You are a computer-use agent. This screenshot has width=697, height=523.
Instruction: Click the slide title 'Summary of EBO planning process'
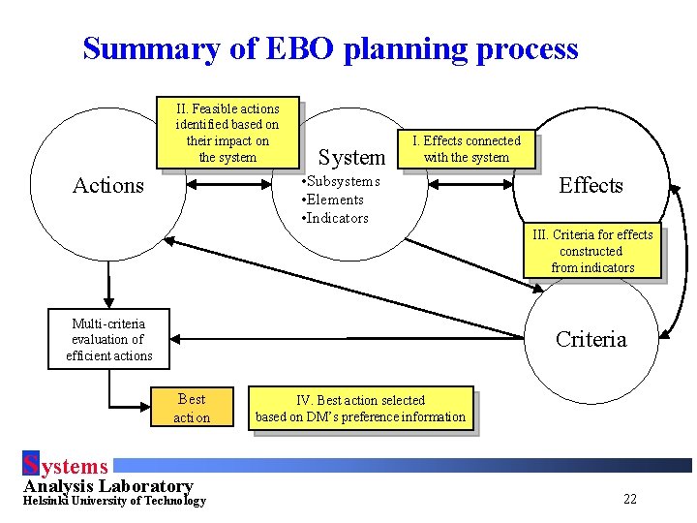click(x=330, y=48)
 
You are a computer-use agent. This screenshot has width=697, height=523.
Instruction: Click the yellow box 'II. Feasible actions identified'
click(x=227, y=133)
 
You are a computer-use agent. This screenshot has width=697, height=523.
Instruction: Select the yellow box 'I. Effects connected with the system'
click(x=467, y=149)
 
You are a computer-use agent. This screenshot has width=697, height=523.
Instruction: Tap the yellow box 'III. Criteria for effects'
click(x=592, y=251)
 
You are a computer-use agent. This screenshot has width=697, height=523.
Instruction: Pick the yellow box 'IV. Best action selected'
click(x=360, y=409)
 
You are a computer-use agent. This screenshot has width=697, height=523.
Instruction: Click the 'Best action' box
click(x=192, y=408)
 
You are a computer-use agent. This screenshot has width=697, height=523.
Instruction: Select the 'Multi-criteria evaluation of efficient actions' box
click(x=108, y=339)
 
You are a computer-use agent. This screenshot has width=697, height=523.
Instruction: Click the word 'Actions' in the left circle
click(x=108, y=186)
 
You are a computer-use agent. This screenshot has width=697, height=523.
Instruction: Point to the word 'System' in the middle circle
click(x=351, y=157)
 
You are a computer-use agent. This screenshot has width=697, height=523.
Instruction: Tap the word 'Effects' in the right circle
click(x=591, y=185)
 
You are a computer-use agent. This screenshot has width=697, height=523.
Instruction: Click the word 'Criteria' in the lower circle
click(x=591, y=339)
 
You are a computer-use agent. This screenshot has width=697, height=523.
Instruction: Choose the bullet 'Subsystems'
click(x=342, y=181)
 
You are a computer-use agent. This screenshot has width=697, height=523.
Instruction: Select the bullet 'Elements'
click(x=336, y=200)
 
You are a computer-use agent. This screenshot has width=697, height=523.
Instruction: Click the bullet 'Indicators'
click(x=336, y=218)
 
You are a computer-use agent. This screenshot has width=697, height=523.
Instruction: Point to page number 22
click(x=630, y=499)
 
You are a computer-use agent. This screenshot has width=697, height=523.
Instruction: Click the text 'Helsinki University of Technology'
click(x=114, y=501)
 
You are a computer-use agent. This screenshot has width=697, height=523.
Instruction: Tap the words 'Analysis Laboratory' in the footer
click(x=108, y=486)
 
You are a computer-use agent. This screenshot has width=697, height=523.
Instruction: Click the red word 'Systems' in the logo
click(x=66, y=467)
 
